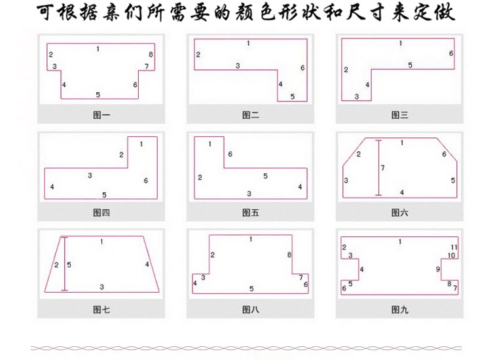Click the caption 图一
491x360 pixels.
pyautogui.click(x=101, y=115)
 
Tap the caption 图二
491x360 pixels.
pyautogui.click(x=251, y=115)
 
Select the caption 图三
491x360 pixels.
pyautogui.click(x=400, y=115)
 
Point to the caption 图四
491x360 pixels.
pyautogui.click(x=101, y=213)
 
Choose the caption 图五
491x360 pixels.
pyautogui.click(x=251, y=213)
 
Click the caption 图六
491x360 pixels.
pyautogui.click(x=400, y=213)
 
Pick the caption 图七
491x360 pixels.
pyautogui.click(x=101, y=310)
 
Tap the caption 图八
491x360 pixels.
pyautogui.click(x=251, y=310)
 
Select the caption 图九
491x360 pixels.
pyautogui.click(x=400, y=310)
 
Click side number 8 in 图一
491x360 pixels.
pyautogui.click(x=151, y=54)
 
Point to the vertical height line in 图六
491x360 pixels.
pyautogui.click(x=378, y=168)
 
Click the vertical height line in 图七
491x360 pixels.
pyautogui.click(x=64, y=263)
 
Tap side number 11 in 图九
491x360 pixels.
pyautogui.click(x=453, y=247)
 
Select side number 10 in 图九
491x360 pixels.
pyautogui.click(x=451, y=255)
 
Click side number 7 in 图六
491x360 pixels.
pyautogui.click(x=383, y=168)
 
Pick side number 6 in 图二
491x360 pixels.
pyautogui.click(x=302, y=68)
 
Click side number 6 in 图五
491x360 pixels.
pyautogui.click(x=230, y=154)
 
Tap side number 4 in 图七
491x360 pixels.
pyautogui.click(x=147, y=264)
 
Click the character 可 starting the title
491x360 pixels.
pyautogui.click(x=45, y=14)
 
